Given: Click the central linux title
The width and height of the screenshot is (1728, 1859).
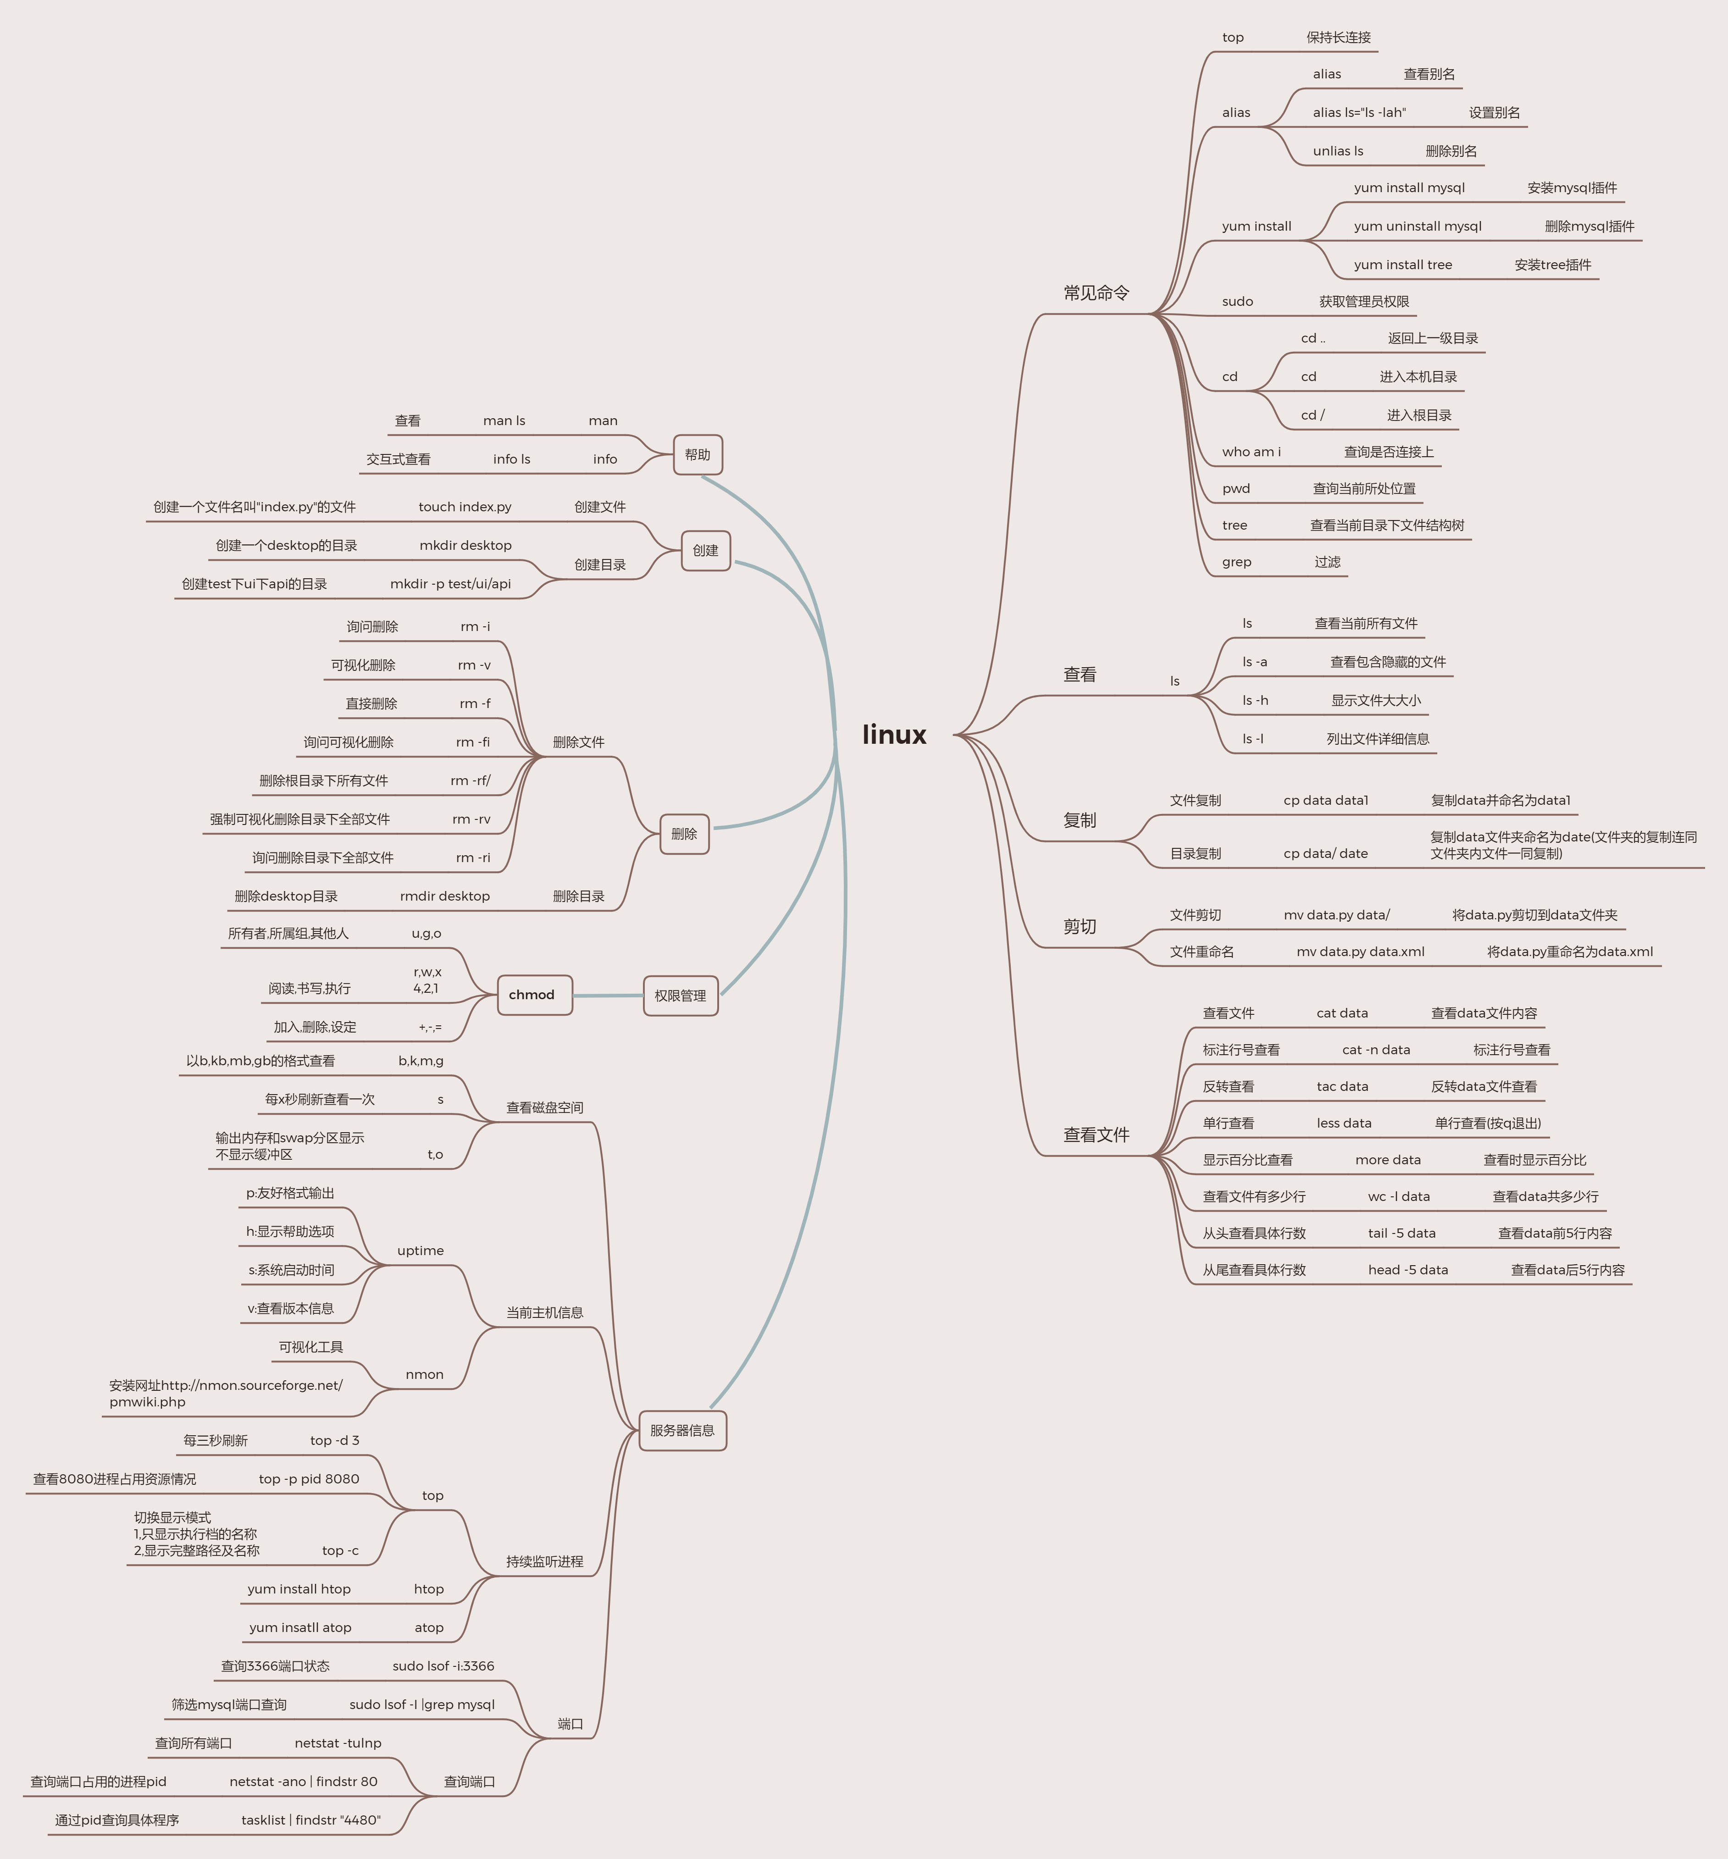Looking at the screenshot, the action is coord(894,735).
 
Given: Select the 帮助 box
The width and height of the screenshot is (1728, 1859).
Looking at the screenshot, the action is coord(698,455).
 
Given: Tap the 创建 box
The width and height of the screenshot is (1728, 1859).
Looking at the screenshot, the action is coord(705,551).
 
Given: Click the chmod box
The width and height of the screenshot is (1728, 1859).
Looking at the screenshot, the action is coord(532,995).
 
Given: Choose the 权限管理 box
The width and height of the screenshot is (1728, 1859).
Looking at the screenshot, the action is coord(680,996).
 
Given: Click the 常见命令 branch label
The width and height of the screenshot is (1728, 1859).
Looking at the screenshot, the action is coord(1096,293).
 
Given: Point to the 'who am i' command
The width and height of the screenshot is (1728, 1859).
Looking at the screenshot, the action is coord(1251,452).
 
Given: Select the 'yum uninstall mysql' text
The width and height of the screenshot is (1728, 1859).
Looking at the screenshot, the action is coord(1418,226).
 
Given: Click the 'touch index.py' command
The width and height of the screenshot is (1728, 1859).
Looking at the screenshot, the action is coord(465,507).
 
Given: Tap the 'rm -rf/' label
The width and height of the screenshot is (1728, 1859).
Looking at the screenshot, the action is coord(471,781).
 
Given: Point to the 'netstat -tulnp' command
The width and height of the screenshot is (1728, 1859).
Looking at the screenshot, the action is coord(338,1743).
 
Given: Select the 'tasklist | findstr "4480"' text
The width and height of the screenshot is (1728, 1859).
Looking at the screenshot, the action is coord(310,1820).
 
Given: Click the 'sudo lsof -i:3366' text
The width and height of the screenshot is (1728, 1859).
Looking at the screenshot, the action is coord(443,1666).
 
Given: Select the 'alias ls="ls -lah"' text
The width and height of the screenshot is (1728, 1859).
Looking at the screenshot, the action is coord(1359,113).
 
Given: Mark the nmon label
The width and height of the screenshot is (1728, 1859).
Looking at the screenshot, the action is coord(425,1375).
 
